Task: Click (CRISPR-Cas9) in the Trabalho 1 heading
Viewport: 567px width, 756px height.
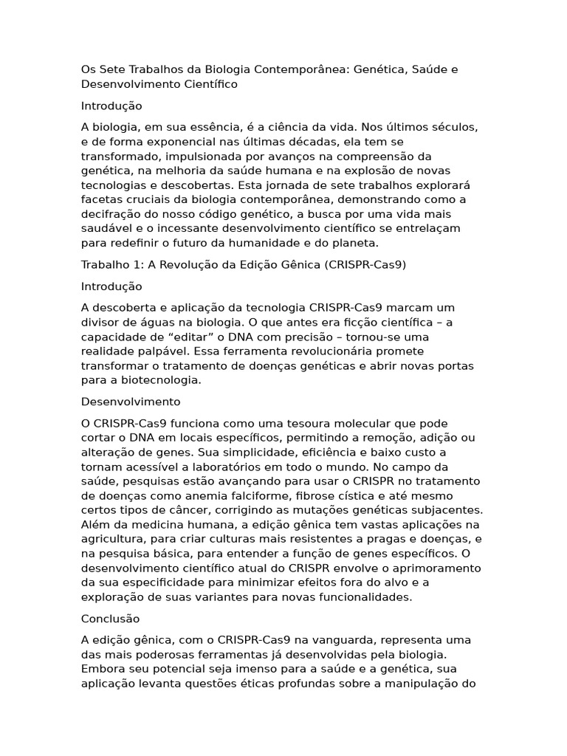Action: tap(365, 264)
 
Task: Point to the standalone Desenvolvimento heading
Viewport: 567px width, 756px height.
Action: tap(131, 402)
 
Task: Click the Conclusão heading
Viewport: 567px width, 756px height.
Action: tap(110, 619)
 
